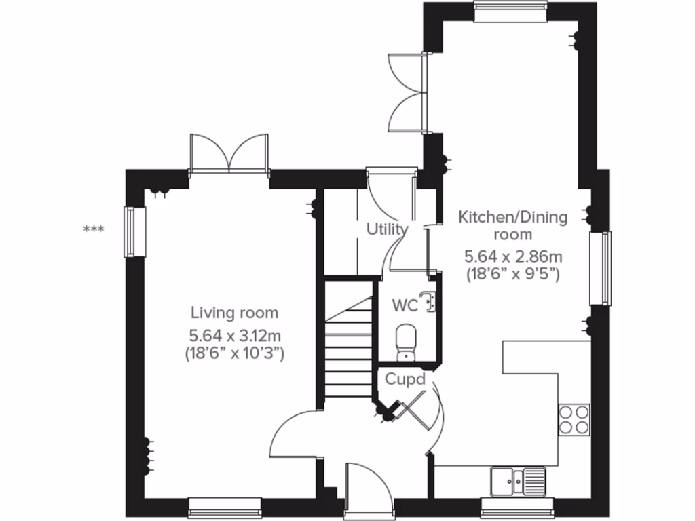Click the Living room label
234,313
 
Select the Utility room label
388,229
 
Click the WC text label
405,305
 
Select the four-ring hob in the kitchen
574,419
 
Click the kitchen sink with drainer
517,480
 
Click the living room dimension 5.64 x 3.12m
234,334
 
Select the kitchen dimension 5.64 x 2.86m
512,257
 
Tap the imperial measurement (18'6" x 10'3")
234,353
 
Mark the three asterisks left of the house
93,230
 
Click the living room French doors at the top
229,155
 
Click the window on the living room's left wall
134,232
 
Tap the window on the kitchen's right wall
600,268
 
